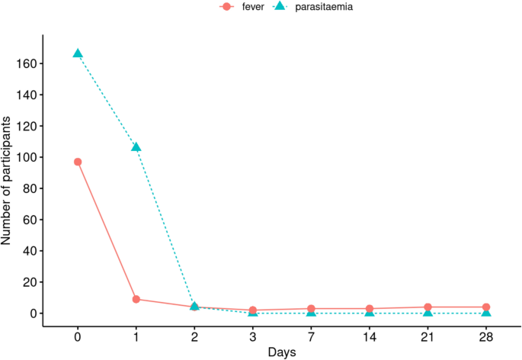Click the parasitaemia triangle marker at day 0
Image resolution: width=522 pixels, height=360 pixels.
coord(78,53)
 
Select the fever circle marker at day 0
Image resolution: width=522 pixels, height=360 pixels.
coord(78,162)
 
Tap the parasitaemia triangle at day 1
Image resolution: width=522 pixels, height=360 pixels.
coord(136,146)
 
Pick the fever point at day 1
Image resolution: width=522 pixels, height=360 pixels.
coord(136,299)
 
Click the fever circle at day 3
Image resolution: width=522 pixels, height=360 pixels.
coord(253,310)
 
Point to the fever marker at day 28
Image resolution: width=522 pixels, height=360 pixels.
coord(486,307)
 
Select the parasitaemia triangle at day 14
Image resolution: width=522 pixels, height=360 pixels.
coord(370,313)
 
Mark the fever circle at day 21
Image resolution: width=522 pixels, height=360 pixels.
coord(428,307)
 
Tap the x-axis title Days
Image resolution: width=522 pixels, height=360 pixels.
coord(282,352)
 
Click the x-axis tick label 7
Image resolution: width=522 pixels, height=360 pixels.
coord(311,336)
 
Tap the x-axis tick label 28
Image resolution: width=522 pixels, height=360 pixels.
coord(486,336)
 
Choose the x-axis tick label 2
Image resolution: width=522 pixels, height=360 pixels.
coord(194,336)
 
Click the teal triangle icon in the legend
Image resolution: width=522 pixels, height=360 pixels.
coord(279,7)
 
